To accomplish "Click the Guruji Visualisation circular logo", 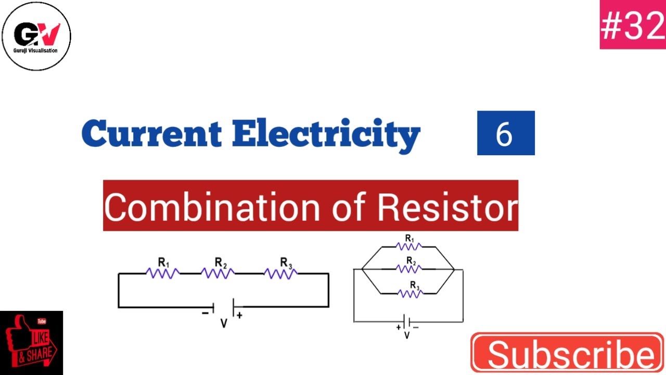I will (36, 35).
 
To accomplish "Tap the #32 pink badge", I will (633, 26).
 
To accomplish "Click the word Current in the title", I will (151, 134).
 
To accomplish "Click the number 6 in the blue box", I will (505, 133).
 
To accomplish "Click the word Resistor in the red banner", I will (447, 206).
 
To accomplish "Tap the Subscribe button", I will (568, 354).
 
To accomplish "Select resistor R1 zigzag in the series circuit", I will (163, 273).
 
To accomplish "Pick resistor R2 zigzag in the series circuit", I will (217, 273).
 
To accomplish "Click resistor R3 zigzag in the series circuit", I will (281, 273).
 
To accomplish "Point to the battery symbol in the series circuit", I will (223, 307).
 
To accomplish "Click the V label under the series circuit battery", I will (224, 324).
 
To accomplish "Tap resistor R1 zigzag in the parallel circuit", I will (409, 246).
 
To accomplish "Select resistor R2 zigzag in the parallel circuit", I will (409, 269).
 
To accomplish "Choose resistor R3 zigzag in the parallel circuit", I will (409, 294).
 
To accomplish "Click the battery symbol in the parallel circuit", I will (407, 322).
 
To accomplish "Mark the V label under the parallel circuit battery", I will (407, 336).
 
